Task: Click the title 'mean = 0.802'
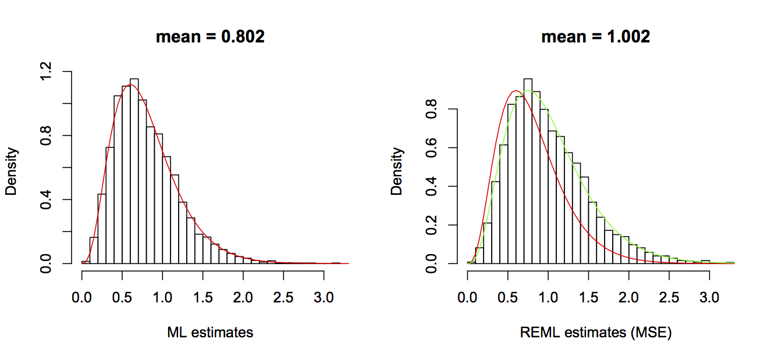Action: point(210,37)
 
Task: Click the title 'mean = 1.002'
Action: point(595,37)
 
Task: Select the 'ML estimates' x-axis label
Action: point(210,333)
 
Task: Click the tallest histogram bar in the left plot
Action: point(134,174)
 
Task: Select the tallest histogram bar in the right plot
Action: point(528,174)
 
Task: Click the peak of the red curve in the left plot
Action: point(131,85)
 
